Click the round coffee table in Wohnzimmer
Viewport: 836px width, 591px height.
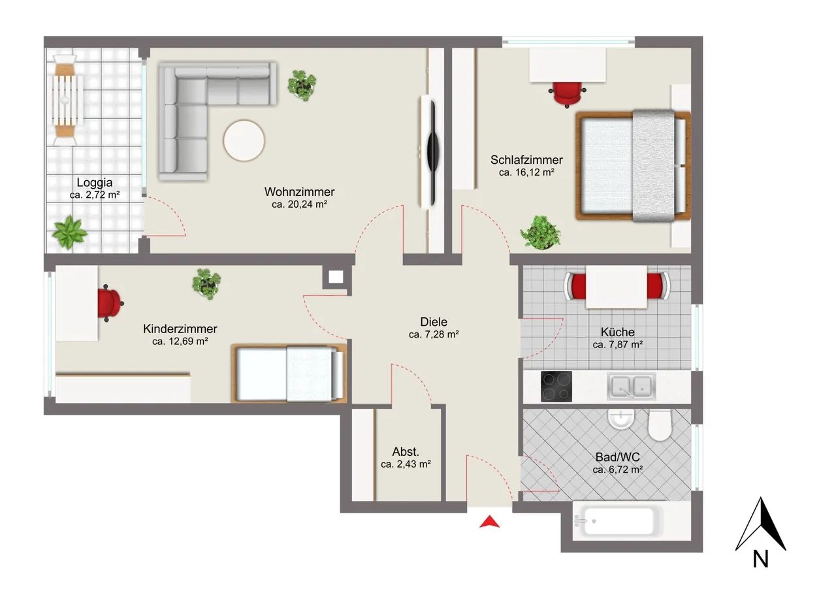click(x=244, y=140)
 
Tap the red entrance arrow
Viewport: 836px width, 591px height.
click(x=489, y=522)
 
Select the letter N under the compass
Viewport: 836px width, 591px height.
click(x=760, y=559)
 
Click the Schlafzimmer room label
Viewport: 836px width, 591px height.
click(x=526, y=160)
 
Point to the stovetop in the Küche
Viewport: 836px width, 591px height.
click(x=556, y=386)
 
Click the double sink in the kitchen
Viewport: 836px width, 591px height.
click(x=631, y=386)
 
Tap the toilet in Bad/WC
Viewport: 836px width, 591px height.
click(x=660, y=424)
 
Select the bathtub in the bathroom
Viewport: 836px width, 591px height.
click(x=619, y=521)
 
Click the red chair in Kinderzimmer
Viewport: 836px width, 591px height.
click(x=110, y=303)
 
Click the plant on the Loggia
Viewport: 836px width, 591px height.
click(x=69, y=233)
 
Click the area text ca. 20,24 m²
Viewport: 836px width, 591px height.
click(x=299, y=204)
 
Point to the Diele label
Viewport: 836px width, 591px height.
click(x=433, y=321)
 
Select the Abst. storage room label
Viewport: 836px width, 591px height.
click(x=406, y=452)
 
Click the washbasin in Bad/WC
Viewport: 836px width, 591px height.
click(x=620, y=419)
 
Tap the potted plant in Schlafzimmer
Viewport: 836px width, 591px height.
click(x=540, y=232)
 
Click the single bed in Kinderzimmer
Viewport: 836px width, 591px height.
click(x=289, y=374)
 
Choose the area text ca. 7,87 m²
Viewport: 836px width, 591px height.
click(x=618, y=344)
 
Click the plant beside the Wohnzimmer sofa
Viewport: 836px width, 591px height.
click(x=302, y=85)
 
